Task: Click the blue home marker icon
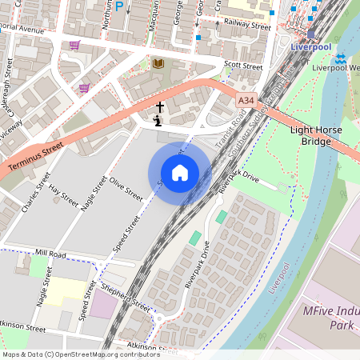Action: [x=179, y=173]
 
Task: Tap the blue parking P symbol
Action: [x=119, y=6]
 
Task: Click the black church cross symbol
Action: [x=159, y=106]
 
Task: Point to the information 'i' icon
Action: [x=157, y=121]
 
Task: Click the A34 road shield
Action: [x=246, y=100]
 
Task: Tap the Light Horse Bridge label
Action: [x=315, y=135]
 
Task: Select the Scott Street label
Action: [x=243, y=66]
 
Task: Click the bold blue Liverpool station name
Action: [x=310, y=47]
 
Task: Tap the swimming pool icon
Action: [x=340, y=58]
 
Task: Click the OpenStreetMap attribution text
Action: [x=81, y=354]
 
